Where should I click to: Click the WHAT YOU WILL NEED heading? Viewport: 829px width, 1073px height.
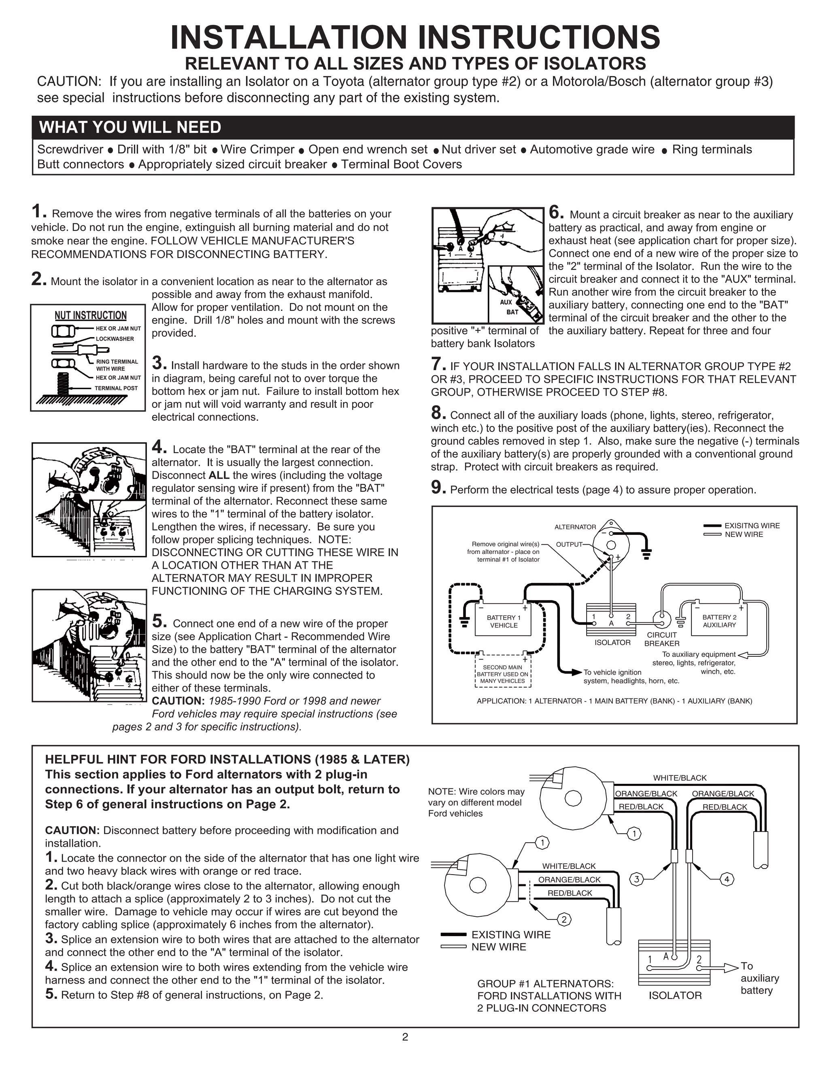(x=130, y=127)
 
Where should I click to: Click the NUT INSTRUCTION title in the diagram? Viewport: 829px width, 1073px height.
(x=90, y=316)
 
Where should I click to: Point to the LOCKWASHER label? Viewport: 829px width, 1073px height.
(x=115, y=339)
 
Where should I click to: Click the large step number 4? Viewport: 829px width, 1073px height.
(x=159, y=447)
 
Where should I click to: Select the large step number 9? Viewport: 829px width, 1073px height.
(x=438, y=488)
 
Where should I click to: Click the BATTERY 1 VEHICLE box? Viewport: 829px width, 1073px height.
(x=504, y=622)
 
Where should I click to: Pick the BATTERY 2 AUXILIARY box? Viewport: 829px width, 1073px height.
(x=719, y=621)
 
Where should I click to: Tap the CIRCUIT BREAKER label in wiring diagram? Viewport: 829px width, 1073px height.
(x=661, y=639)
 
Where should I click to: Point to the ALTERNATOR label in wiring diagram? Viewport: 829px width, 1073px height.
(x=575, y=527)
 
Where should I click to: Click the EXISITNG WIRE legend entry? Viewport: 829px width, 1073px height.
(x=751, y=526)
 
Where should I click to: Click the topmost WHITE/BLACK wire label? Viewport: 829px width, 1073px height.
(x=679, y=778)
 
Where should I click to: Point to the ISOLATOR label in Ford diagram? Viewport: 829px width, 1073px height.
(x=675, y=995)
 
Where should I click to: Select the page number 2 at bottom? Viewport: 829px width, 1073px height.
(x=405, y=1037)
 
